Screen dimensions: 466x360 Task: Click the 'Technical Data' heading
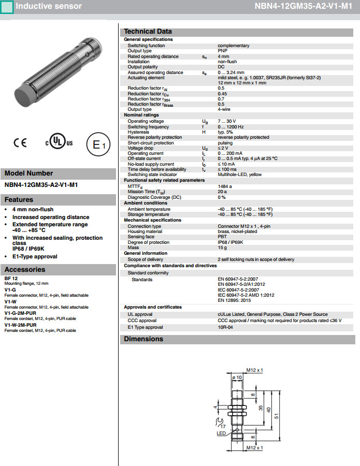click(148, 31)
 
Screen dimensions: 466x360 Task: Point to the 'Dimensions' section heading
click(143, 339)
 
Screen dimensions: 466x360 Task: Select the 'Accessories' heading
click(25, 269)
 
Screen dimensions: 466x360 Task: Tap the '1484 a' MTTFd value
click(225, 186)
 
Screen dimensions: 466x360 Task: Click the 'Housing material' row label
click(145, 231)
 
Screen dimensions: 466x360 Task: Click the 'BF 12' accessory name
click(11, 279)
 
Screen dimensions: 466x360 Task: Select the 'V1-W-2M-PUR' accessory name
click(20, 325)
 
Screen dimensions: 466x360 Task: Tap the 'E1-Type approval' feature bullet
click(35, 256)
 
